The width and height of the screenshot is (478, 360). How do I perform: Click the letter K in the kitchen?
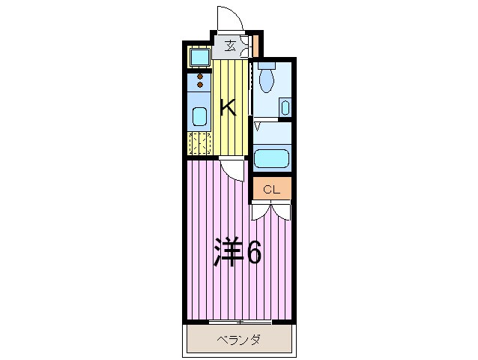coord(229,107)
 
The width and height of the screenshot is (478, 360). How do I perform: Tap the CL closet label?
coord(270,190)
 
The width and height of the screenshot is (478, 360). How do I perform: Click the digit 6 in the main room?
coord(253,253)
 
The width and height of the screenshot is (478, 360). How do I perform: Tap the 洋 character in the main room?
coord(229,253)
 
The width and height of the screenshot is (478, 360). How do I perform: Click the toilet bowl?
coord(267,76)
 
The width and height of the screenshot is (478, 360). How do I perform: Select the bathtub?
coord(271,159)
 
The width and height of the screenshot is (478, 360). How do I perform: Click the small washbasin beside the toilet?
coord(285,107)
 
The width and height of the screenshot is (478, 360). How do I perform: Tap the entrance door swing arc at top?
coord(229,16)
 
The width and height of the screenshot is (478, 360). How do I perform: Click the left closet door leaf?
coord(260,211)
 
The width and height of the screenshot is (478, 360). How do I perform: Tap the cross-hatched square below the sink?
coord(199,142)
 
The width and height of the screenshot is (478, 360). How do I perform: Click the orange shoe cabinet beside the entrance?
coord(255,46)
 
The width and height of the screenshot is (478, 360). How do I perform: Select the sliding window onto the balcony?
coord(239,321)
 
